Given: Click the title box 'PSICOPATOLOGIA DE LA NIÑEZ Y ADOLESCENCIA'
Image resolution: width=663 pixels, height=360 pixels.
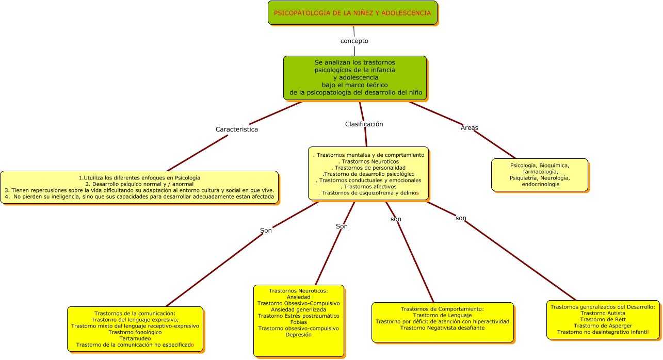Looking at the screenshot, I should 352,13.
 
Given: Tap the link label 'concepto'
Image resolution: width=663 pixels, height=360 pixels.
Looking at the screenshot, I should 354,41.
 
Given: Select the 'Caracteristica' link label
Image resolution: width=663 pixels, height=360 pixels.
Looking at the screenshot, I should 236,129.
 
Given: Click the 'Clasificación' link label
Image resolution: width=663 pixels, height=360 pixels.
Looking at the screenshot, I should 364,124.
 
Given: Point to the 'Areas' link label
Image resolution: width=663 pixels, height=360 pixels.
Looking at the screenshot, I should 469,128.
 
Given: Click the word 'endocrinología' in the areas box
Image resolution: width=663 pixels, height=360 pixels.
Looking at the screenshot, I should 540,184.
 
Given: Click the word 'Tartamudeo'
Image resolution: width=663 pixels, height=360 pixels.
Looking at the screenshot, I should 135,338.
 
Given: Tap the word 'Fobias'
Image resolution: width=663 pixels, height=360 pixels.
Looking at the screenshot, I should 298,322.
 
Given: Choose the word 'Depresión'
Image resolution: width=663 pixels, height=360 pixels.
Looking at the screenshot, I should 298,335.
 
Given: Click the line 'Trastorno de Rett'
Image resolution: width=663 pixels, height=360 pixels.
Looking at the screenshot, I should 603,319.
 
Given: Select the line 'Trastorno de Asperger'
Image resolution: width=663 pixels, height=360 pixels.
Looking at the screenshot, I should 603,325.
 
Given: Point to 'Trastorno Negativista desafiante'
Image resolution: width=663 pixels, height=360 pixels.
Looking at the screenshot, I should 442,328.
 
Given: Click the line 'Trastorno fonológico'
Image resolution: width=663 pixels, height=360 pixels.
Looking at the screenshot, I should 135,332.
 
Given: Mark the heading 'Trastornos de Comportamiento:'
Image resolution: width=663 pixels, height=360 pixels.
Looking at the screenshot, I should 442,309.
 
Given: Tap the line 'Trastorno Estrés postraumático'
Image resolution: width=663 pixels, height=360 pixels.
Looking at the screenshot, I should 298,316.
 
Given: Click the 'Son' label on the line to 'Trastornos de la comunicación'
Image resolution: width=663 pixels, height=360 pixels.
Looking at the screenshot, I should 266,231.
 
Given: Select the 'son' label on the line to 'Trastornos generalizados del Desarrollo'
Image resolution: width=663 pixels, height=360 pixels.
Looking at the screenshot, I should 461,218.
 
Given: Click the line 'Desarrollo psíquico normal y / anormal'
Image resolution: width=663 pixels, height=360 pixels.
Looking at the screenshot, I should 139,184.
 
